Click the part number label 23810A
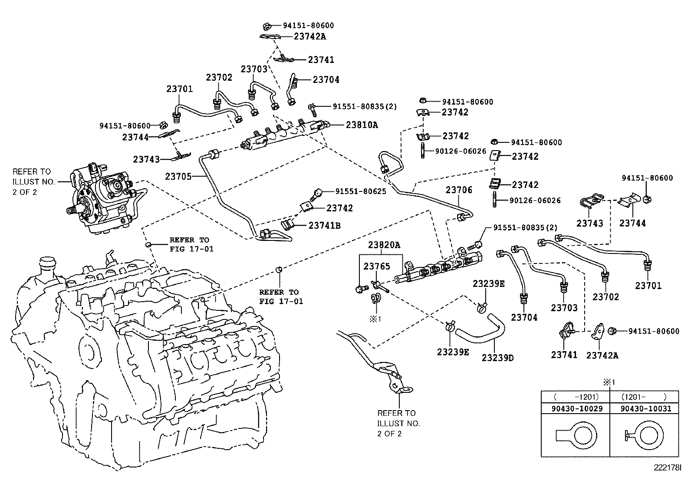362,125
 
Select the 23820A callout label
384,245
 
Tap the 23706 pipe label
459,190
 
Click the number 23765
377,266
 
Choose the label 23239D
497,358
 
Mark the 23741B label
325,226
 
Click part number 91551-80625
360,191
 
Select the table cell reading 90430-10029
576,408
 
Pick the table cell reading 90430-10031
645,408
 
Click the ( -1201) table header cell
576,397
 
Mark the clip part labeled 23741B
288,224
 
